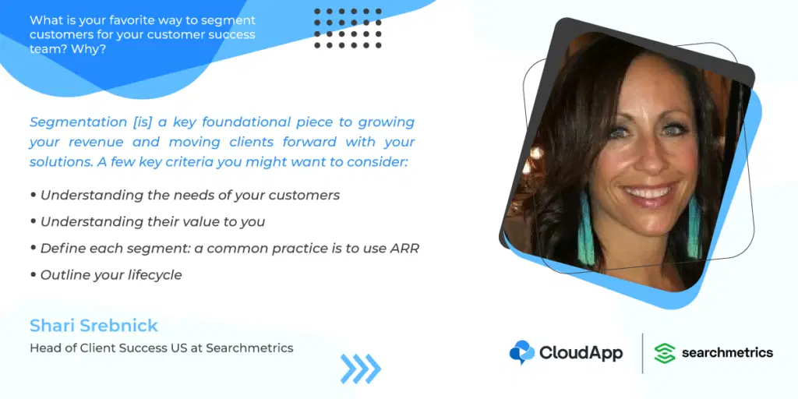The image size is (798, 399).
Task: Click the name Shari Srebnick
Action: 94,325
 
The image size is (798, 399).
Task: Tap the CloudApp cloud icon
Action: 521,352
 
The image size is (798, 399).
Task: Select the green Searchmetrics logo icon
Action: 665,353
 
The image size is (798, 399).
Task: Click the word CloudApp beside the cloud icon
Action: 581,353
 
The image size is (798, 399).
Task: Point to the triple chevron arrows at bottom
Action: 360,369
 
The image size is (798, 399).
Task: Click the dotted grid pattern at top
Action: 348,28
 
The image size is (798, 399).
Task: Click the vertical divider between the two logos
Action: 642,353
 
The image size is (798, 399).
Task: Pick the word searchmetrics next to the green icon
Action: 727,353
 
